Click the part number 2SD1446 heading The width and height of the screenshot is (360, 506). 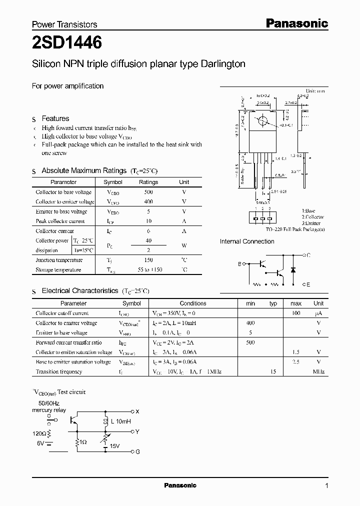tap(67, 43)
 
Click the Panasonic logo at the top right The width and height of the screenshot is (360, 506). tap(296, 23)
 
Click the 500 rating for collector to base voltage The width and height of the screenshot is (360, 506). tap(148, 192)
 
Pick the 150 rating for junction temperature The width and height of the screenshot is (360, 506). tap(148, 260)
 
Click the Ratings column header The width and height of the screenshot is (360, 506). tap(148, 182)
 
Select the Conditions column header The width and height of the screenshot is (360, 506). tap(193, 303)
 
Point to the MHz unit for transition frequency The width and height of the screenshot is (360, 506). tap(318, 371)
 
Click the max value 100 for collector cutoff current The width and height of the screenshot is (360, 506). tap(295, 313)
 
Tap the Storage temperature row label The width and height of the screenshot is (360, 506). tap(58, 269)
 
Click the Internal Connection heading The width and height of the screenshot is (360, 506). tap(247, 241)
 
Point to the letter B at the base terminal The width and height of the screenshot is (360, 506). tap(239, 263)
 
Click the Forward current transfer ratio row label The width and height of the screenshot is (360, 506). tap(68, 342)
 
